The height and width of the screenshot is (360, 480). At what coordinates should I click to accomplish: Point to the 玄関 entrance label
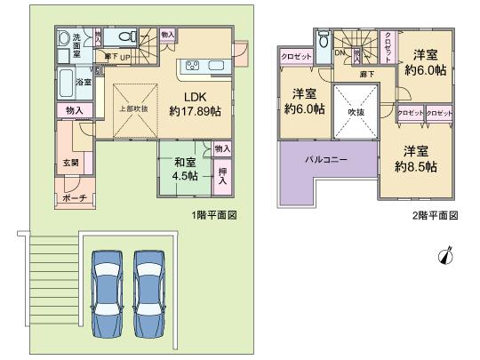coord(71,163)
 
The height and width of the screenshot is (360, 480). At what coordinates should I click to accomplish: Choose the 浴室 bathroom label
coord(83,82)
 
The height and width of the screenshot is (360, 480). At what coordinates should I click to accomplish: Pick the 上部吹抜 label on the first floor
coord(133,108)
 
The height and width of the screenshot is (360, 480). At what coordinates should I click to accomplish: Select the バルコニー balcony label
coord(327,161)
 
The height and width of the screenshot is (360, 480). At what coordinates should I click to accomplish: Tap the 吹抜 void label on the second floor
coord(356,112)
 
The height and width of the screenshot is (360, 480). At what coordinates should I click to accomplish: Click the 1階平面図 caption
coord(215,216)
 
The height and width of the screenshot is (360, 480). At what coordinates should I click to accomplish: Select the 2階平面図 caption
coord(436,216)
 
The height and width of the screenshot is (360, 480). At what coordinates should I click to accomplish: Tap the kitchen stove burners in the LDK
coord(192,67)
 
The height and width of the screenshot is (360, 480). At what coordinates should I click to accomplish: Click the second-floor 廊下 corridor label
coord(365,75)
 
